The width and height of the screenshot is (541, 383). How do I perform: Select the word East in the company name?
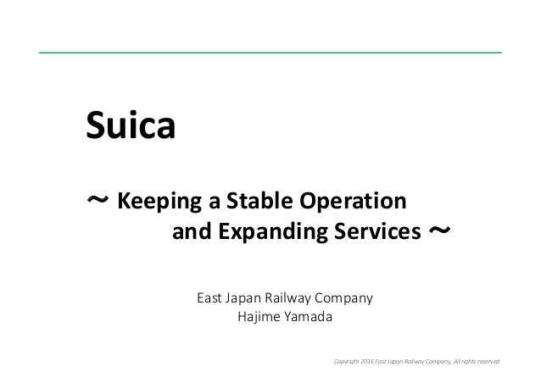click(210, 298)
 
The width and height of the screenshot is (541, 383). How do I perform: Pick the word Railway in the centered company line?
click(295, 298)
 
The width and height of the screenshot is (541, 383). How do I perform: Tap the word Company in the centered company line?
click(347, 298)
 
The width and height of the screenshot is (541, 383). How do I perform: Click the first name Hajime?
click(262, 318)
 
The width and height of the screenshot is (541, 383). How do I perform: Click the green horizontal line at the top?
click(270, 53)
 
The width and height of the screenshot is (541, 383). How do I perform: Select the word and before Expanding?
click(191, 231)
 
